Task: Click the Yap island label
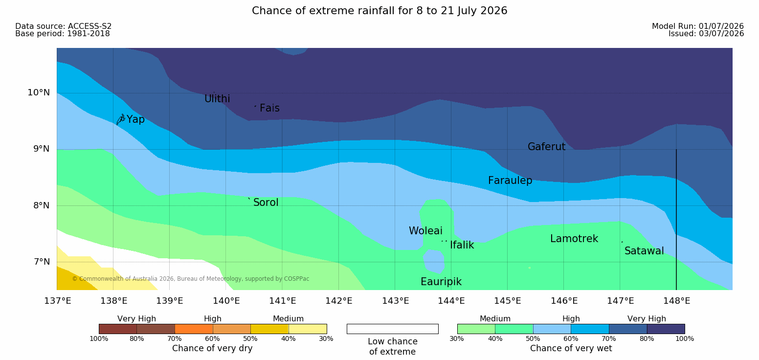pyautogui.click(x=135, y=120)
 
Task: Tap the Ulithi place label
pyautogui.click(x=217, y=99)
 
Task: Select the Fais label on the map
pyautogui.click(x=270, y=108)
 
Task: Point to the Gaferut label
pyautogui.click(x=547, y=147)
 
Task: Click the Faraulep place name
pyautogui.click(x=510, y=180)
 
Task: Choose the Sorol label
pyautogui.click(x=266, y=202)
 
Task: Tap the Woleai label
pyautogui.click(x=425, y=231)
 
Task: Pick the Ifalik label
pyautogui.click(x=462, y=245)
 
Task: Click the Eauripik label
pyautogui.click(x=441, y=282)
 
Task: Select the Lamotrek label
pyautogui.click(x=574, y=239)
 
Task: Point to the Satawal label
pyautogui.click(x=644, y=251)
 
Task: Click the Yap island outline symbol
pyautogui.click(x=121, y=119)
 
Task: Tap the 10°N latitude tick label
pyautogui.click(x=39, y=92)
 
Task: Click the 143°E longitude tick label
pyautogui.click(x=396, y=301)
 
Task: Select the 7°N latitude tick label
pyautogui.click(x=42, y=262)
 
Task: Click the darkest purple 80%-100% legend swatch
pyautogui.click(x=666, y=329)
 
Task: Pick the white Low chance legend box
pyautogui.click(x=393, y=329)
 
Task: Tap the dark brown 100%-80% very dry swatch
pyautogui.click(x=118, y=329)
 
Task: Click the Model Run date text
pyautogui.click(x=698, y=26)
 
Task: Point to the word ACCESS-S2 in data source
pyautogui.click(x=90, y=26)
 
